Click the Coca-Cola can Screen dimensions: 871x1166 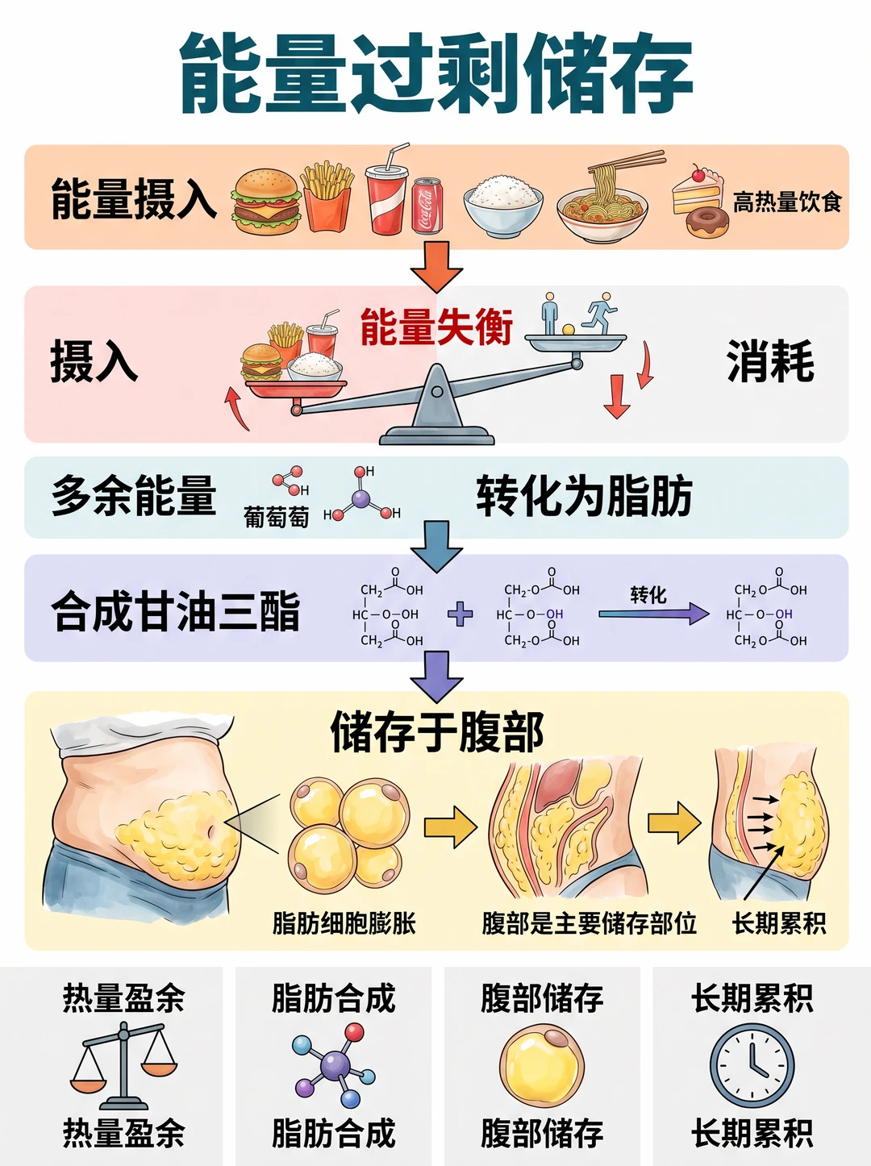click(x=427, y=206)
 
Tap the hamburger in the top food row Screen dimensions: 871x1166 click(x=266, y=202)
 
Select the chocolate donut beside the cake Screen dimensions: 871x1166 click(x=707, y=223)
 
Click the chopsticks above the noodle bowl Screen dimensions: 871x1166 click(x=627, y=161)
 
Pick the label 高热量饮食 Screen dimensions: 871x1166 click(x=787, y=202)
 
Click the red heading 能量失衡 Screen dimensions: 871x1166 click(x=436, y=327)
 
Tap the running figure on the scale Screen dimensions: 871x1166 click(x=601, y=313)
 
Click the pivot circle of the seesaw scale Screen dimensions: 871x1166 click(x=437, y=392)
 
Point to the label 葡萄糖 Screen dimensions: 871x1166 click(x=276, y=516)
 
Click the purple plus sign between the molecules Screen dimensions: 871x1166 click(x=460, y=614)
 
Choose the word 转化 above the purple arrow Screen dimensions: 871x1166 click(x=648, y=595)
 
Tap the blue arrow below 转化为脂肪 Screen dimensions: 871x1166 click(x=436, y=547)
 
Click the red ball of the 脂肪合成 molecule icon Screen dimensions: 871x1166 click(x=354, y=1033)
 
